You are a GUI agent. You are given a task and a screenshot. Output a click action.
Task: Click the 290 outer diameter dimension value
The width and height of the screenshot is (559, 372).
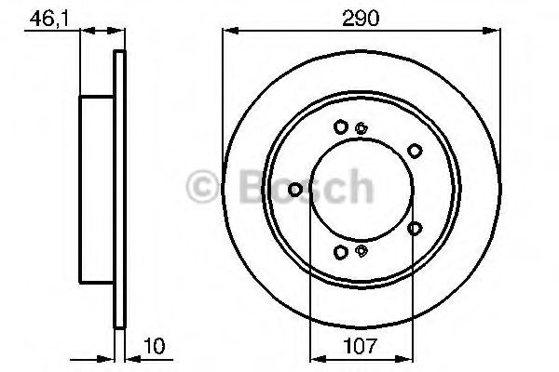[361, 18]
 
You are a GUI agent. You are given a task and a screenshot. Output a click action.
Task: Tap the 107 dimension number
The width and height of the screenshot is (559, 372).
[360, 346]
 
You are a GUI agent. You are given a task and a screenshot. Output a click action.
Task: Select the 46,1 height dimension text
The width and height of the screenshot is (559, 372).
[48, 19]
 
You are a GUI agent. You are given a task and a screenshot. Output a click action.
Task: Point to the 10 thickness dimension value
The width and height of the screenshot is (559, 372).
[155, 346]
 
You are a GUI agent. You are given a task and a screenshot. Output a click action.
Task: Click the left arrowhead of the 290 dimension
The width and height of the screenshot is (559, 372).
[230, 31]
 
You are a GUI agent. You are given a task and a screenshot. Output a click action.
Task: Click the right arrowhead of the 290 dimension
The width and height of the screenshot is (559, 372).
[492, 31]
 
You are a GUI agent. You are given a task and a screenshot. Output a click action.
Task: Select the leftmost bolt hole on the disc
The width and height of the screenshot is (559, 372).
[294, 190]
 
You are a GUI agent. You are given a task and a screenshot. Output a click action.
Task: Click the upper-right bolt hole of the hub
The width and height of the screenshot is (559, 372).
[415, 151]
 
